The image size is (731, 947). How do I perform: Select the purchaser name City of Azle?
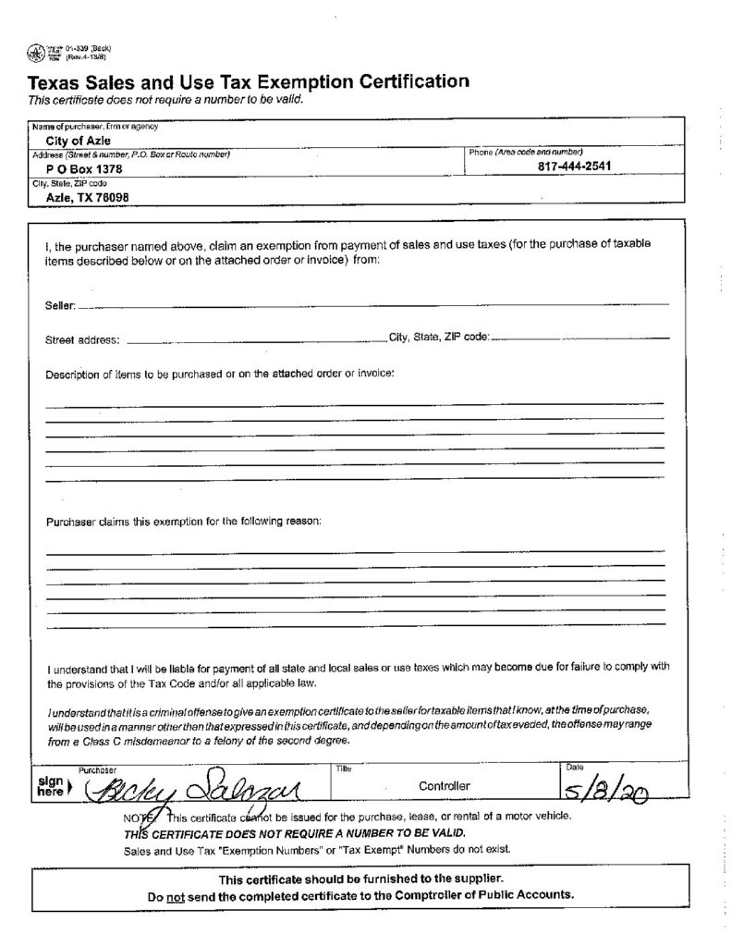(x=79, y=140)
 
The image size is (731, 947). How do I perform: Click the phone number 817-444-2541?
(x=574, y=166)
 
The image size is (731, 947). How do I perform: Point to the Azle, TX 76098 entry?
(x=87, y=197)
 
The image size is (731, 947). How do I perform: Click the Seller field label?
(x=60, y=304)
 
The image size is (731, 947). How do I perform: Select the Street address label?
(x=82, y=339)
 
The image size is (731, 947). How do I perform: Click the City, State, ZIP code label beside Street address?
(x=439, y=338)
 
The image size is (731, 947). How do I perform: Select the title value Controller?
(x=445, y=786)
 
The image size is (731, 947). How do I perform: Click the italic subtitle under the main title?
(x=165, y=100)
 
